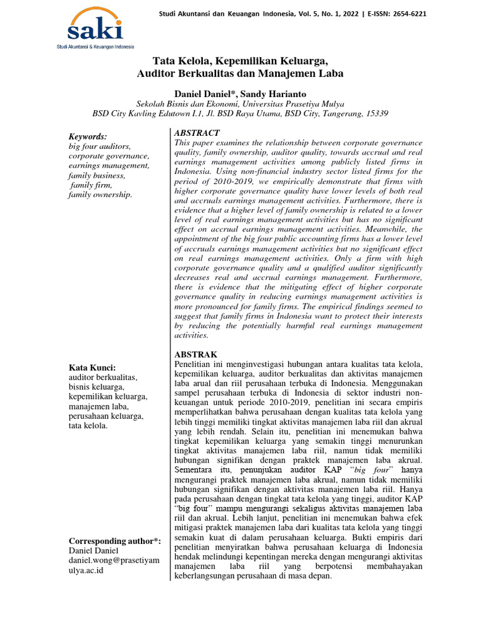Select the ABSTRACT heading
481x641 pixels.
pos(197,133)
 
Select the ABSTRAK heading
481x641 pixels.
pos(197,354)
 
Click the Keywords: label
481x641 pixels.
pos(87,136)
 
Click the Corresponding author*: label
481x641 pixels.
pos(115,540)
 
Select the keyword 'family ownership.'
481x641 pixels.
pos(100,195)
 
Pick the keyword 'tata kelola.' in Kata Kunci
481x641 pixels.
pos(88,426)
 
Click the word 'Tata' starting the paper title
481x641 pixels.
pos(165,61)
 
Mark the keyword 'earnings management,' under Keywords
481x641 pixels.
pos(109,165)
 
